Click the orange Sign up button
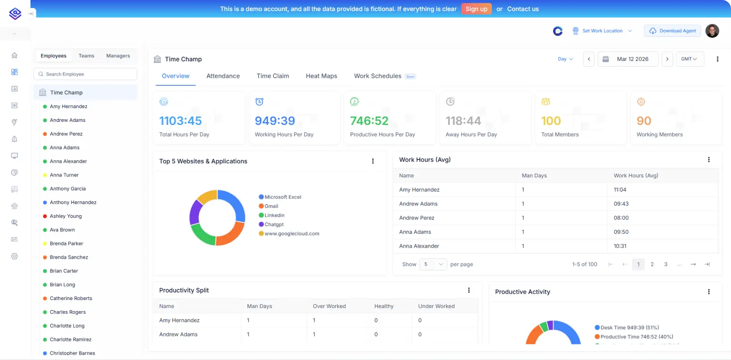tap(476, 9)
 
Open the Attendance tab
tap(223, 76)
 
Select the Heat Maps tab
tap(321, 76)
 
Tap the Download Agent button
tap(672, 31)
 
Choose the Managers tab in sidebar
tap(118, 56)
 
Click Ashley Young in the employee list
tap(66, 216)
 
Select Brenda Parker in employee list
tap(66, 244)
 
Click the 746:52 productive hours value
tap(369, 121)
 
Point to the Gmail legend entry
tap(271, 206)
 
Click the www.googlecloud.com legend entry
tap(292, 234)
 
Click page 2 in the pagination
tap(652, 264)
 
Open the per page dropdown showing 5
tap(433, 264)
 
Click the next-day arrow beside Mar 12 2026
tap(667, 59)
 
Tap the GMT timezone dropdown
tap(689, 59)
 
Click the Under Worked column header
tap(436, 306)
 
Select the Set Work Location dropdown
tap(602, 31)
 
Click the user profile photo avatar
tap(712, 31)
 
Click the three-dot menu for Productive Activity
tap(709, 292)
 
